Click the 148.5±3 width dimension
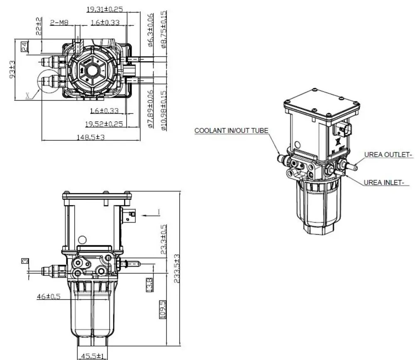[90, 137]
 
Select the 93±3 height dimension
[12, 69]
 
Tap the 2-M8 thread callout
[59, 23]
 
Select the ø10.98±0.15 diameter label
[164, 110]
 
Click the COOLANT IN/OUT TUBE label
[231, 130]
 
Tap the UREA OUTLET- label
[388, 155]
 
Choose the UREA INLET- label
[386, 182]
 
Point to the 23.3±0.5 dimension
[164, 240]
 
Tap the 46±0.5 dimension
[48, 296]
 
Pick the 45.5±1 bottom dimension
[94, 356]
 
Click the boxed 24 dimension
[25, 46]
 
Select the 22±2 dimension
[39, 26]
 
